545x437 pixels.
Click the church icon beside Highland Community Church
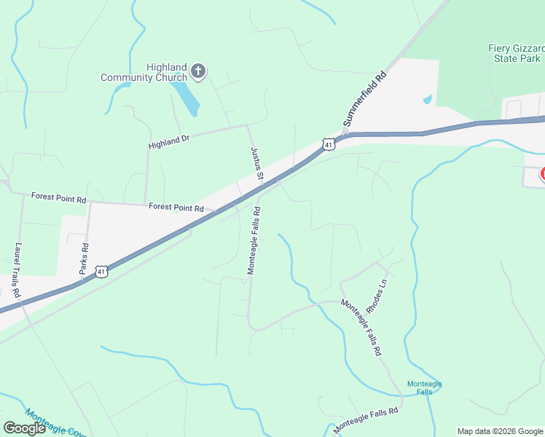[x=198, y=71]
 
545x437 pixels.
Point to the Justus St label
[x=256, y=163]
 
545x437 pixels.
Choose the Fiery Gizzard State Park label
[x=515, y=53]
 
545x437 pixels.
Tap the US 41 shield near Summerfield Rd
[x=329, y=144]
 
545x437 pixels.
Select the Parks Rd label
[x=84, y=258]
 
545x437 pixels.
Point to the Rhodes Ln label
[x=377, y=293]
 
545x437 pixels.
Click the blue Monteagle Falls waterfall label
[x=424, y=387]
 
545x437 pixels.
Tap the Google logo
[x=25, y=428]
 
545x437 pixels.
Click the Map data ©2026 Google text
[x=500, y=431]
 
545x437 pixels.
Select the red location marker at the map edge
[x=543, y=173]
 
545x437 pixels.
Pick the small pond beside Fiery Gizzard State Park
[x=427, y=99]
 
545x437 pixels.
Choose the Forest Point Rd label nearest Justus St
[x=176, y=208]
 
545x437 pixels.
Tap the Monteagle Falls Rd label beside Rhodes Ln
[x=361, y=327]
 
